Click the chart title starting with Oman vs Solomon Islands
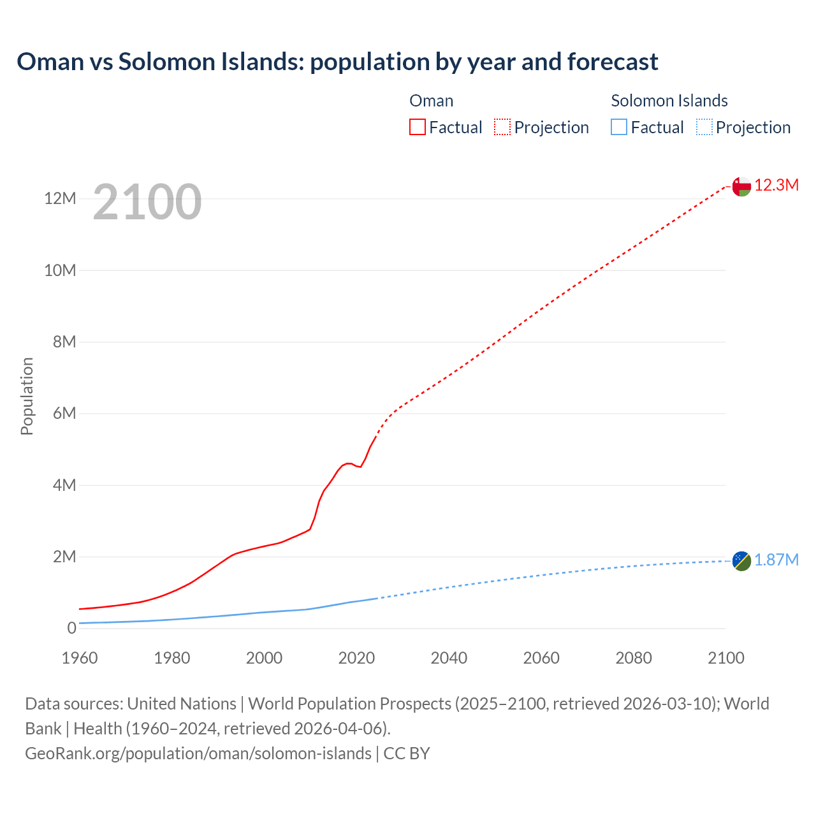[337, 62]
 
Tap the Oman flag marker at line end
[741, 186]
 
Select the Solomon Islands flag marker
[741, 561]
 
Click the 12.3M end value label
[776, 186]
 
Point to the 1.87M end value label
[776, 560]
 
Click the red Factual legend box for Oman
[418, 127]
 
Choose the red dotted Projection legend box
[502, 127]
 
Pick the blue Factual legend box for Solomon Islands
[619, 127]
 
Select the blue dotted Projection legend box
[704, 127]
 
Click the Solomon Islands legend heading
[669, 101]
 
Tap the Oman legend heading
[432, 101]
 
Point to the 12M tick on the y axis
[60, 199]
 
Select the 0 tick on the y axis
[71, 629]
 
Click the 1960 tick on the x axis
[80, 658]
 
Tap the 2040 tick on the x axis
[449, 658]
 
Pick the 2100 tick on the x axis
[725, 658]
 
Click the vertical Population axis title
[27, 397]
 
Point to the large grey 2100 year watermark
[147, 202]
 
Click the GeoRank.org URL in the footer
[198, 754]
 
